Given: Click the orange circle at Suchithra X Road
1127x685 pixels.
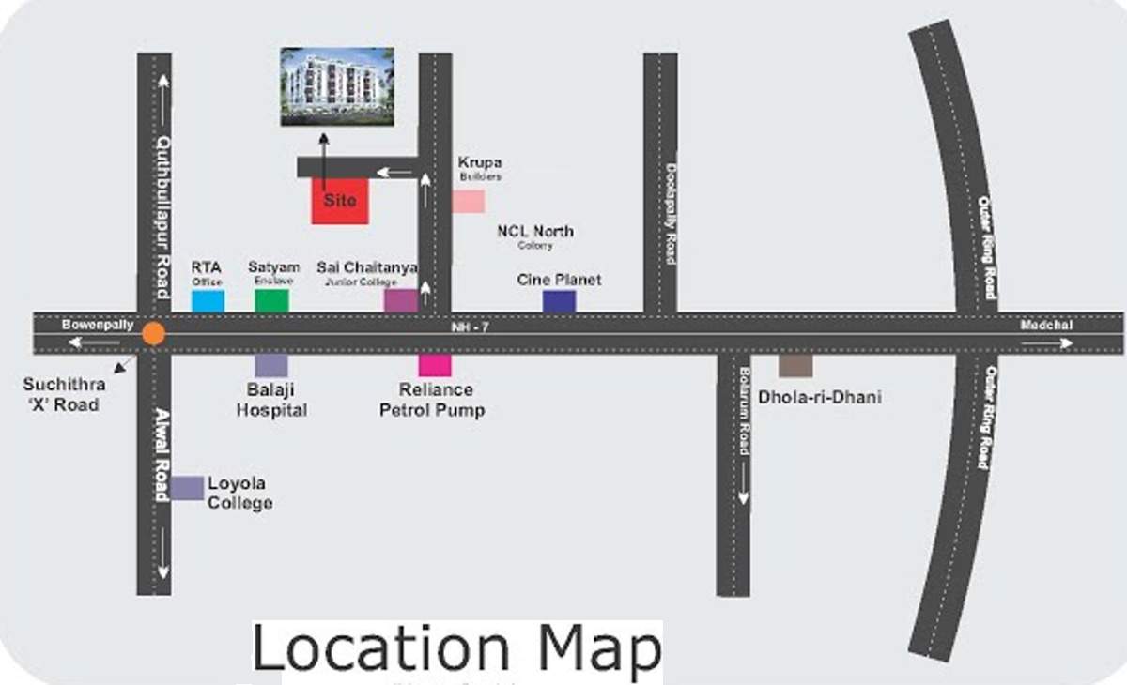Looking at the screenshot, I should coord(153,333).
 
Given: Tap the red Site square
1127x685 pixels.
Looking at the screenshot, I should coord(340,200).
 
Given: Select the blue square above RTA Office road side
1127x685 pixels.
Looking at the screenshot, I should coord(208,300).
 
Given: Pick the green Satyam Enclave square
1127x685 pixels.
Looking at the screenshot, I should coord(271,300).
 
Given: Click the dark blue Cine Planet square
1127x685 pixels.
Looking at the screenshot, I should coord(559,300).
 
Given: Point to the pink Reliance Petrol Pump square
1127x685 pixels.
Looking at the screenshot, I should coord(435,365).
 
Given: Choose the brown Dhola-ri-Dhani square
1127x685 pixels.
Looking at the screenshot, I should coord(795,365).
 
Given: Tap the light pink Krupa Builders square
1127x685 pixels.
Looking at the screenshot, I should coord(469,202).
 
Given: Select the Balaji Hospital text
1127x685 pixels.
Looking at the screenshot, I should coord(271,401).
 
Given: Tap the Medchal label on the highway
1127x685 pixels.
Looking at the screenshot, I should coord(1045,326).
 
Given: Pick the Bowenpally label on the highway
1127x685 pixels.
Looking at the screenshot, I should coord(86,326).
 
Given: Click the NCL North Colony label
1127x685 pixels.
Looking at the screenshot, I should coord(535,236).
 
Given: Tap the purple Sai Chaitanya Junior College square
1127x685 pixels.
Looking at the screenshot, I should coord(400,300).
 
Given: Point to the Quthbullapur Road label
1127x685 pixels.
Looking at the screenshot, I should coord(162,216).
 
